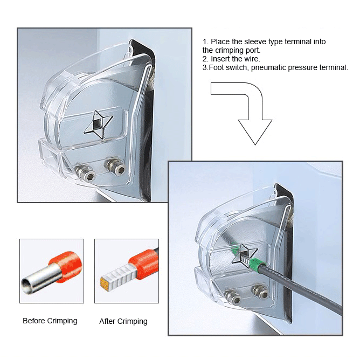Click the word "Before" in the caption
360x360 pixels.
(x=34, y=321)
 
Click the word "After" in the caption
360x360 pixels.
(x=107, y=321)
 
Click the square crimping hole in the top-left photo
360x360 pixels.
(x=96, y=124)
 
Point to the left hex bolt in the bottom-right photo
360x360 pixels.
(x=233, y=297)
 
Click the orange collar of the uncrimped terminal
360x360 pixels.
(x=67, y=266)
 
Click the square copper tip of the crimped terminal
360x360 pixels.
(x=105, y=283)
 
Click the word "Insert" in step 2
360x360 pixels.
(x=220, y=59)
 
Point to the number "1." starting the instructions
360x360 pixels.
(x=205, y=42)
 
